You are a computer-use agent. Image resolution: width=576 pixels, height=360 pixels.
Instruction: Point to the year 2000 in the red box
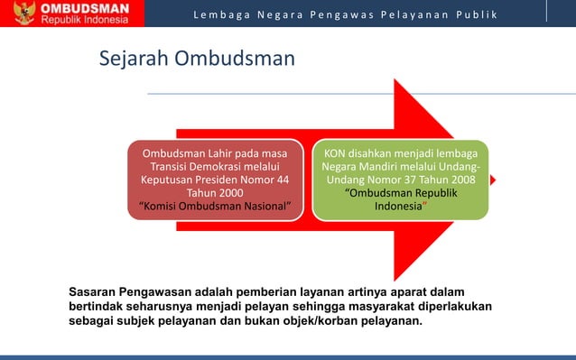point(227,192)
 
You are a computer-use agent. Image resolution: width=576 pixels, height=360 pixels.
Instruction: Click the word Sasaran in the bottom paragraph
point(96,291)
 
